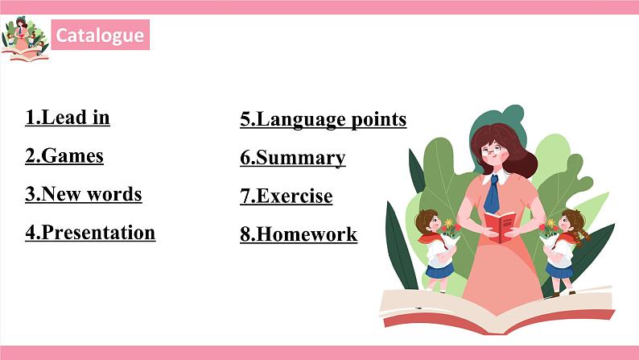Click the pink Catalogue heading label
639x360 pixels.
(101, 35)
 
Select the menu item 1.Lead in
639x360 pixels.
(68, 118)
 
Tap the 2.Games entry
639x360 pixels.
(64, 155)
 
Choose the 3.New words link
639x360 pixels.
(83, 194)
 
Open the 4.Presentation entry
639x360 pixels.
(90, 233)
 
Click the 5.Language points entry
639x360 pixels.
(323, 120)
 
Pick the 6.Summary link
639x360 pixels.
(292, 158)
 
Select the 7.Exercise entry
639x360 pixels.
(286, 196)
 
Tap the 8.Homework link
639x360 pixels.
(298, 234)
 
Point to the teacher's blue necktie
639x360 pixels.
(491, 194)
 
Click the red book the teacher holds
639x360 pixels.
(501, 226)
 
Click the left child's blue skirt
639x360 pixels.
(438, 271)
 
